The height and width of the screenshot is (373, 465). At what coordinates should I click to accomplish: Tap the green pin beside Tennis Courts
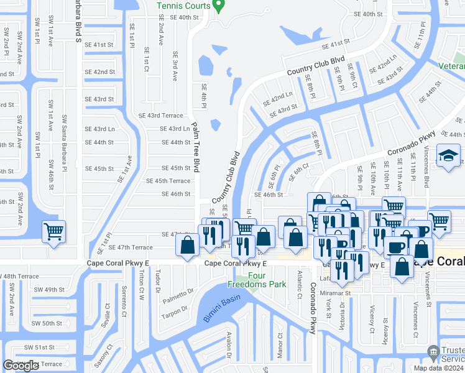[x=218, y=6]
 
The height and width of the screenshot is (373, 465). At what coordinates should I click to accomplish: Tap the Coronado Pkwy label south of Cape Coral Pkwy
[x=313, y=309]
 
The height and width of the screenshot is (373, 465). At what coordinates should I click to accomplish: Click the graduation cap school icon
[x=448, y=157]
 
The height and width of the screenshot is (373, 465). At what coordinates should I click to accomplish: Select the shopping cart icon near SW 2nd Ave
[x=54, y=232]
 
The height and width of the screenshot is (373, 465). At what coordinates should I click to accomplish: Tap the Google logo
[x=20, y=366]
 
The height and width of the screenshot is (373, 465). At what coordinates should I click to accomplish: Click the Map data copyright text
[x=439, y=368]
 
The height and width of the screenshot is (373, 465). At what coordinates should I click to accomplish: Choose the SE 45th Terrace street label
[x=168, y=181]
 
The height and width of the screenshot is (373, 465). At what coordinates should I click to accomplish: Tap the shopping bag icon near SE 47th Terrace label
[x=187, y=246]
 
